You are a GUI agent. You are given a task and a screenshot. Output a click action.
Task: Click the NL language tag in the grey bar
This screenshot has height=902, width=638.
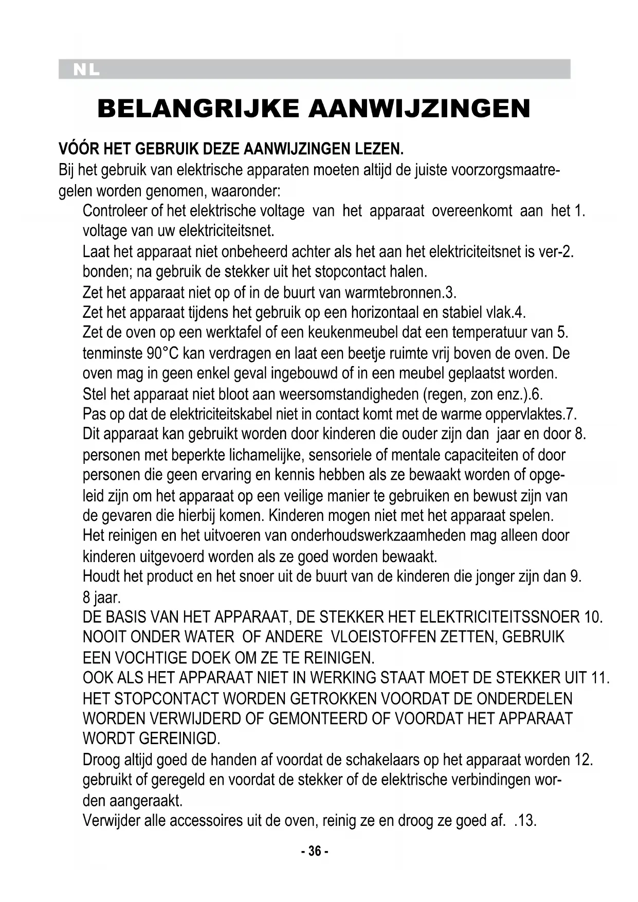click(86, 70)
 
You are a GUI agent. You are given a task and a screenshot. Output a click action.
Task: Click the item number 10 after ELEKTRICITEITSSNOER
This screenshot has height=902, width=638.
click(593, 617)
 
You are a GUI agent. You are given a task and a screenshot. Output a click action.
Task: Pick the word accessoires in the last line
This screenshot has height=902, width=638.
click(206, 820)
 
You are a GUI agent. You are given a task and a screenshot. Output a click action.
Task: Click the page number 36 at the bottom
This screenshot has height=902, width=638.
click(314, 851)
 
